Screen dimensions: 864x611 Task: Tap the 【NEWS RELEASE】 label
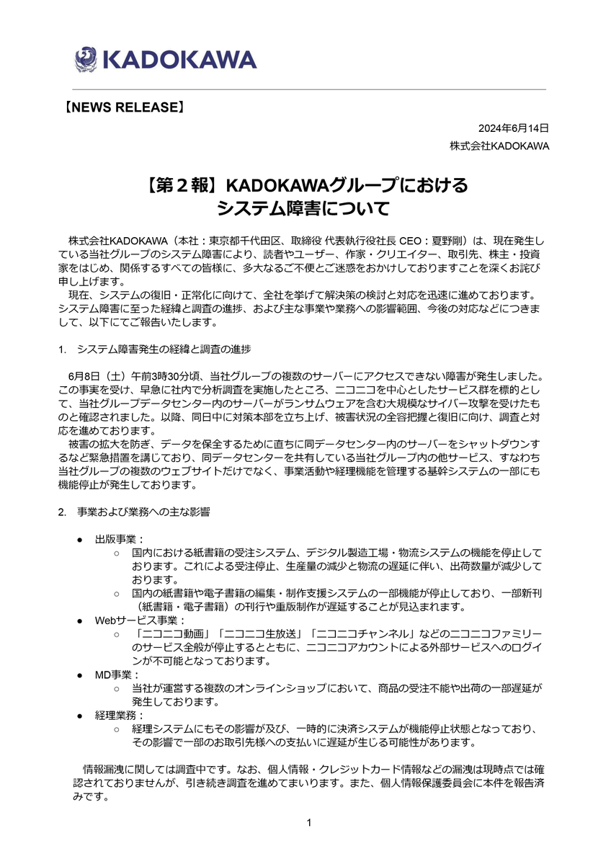(120, 107)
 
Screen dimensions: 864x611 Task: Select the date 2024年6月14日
(514, 128)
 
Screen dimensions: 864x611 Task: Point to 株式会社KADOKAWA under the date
(499, 146)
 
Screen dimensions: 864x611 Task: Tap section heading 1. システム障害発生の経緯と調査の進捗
(155, 349)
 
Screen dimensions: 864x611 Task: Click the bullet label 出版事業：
(120, 539)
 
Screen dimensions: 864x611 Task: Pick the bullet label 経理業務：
(120, 716)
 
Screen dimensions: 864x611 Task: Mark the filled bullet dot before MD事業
(81, 675)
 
